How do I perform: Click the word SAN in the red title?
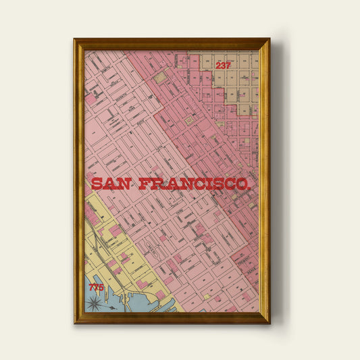(x=111, y=184)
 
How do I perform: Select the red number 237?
(x=224, y=66)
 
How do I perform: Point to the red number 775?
(x=97, y=288)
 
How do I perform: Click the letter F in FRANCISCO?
(x=143, y=184)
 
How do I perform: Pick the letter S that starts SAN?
(x=97, y=184)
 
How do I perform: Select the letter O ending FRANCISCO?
(x=244, y=184)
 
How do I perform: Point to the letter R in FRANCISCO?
(x=156, y=184)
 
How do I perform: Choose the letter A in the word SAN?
(x=111, y=184)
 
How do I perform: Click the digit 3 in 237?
(x=224, y=66)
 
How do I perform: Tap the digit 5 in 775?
(x=101, y=288)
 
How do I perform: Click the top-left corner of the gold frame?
(x=74, y=39)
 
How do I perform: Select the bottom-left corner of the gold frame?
(x=74, y=322)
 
